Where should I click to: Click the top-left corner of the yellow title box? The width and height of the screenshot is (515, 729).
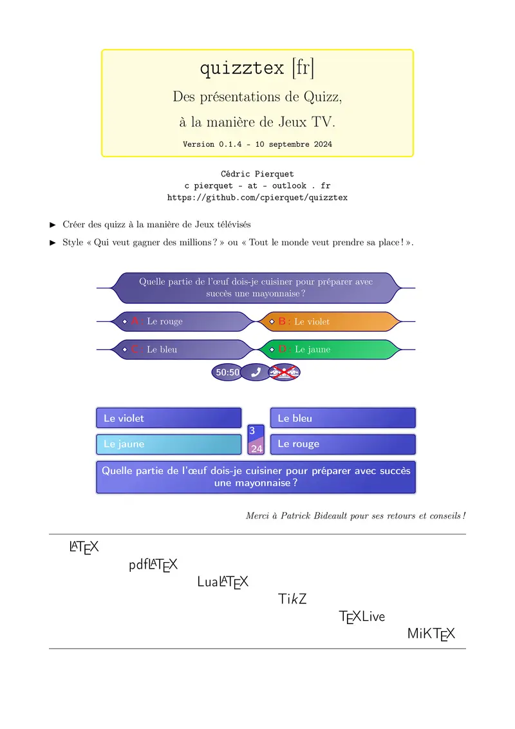102,50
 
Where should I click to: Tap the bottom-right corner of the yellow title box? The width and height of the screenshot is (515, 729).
413,156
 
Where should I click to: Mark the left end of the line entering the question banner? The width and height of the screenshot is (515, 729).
97,289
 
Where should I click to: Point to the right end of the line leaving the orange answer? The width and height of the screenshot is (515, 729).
415,321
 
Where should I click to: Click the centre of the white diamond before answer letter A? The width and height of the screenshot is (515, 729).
125,321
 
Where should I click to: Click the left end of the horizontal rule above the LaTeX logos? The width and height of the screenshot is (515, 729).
50,535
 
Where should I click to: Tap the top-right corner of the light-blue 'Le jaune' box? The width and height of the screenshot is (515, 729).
241,435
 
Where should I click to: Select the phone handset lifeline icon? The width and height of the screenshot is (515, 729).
256,372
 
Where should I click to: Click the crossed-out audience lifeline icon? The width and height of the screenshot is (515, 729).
285,372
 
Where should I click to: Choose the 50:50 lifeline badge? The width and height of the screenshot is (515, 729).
227,372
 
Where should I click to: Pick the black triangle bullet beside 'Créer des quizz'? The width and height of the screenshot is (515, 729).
53,225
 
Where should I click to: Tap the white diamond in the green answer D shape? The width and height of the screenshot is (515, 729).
272,349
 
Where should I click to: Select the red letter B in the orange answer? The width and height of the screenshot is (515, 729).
282,321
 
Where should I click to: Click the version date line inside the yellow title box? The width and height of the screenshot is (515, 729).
257,144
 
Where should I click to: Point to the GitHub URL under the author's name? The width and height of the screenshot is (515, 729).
257,198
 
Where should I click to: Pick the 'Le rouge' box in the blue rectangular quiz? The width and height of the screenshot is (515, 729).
343,444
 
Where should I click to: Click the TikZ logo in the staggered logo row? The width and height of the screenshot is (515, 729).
292,599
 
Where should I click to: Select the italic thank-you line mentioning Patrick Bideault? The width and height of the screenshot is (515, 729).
355,516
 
